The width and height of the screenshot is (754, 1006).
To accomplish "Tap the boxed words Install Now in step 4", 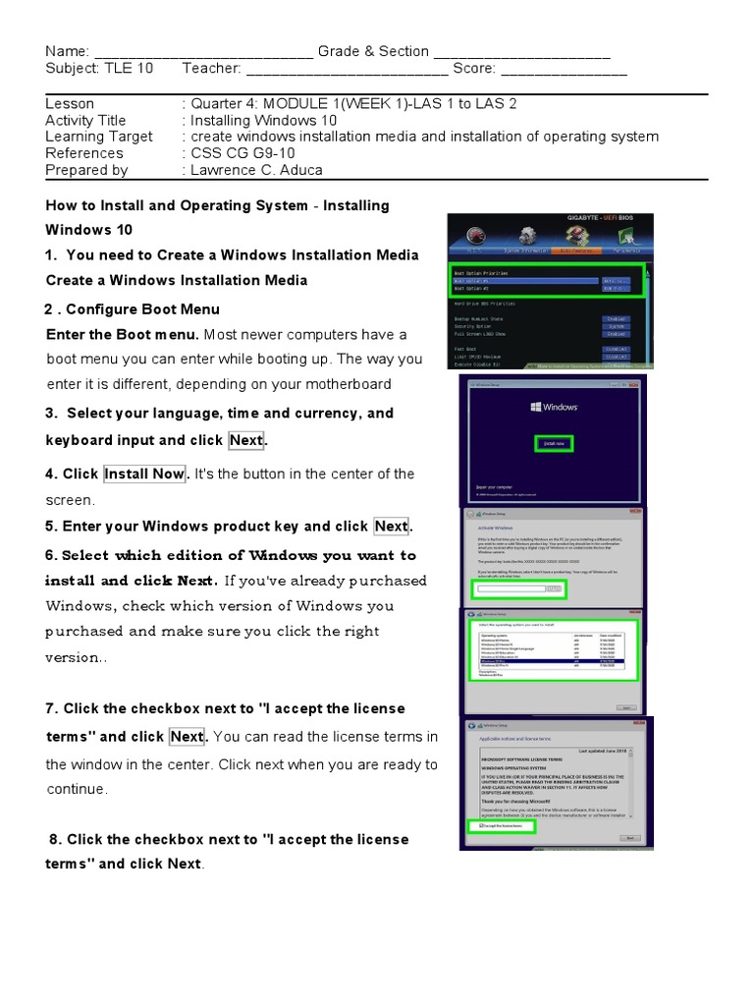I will [x=144, y=474].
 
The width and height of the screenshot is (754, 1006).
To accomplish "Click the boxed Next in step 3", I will [x=245, y=440].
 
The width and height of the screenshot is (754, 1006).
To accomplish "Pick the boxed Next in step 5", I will [x=391, y=527].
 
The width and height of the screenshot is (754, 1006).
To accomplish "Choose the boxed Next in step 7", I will [x=187, y=737].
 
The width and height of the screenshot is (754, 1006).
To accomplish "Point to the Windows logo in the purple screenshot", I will [x=552, y=407].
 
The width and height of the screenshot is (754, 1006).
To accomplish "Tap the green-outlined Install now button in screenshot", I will [x=555, y=444].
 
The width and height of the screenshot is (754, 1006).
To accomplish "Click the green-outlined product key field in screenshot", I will [x=517, y=588].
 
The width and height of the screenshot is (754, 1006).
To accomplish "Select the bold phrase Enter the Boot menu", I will [x=123, y=334].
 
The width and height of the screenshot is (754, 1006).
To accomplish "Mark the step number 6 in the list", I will [x=50, y=555].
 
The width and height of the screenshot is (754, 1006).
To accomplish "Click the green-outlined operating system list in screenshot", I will [x=550, y=649].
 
